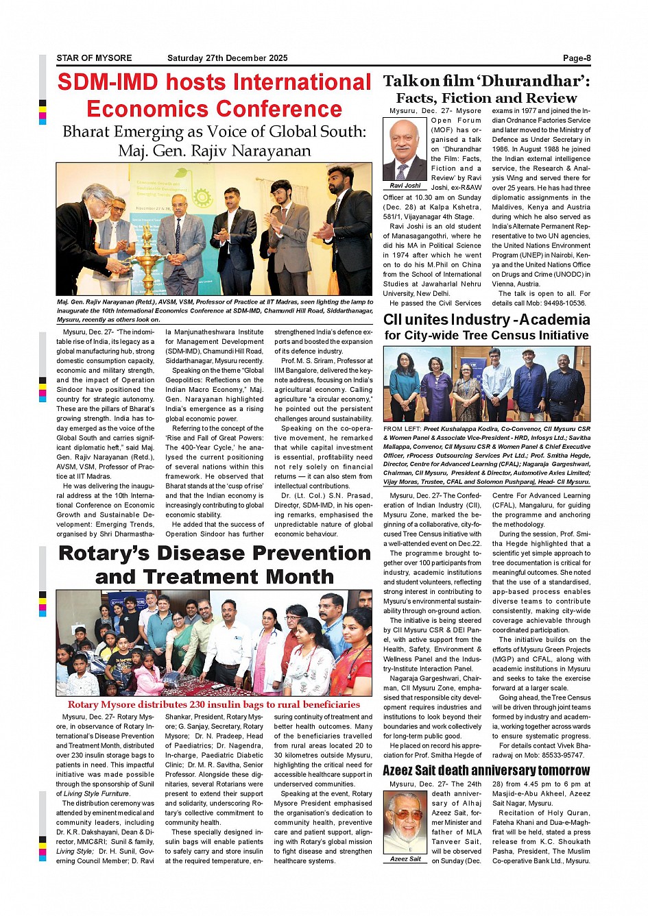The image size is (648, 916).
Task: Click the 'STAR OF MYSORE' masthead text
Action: (94, 58)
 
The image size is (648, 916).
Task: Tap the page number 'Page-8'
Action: (577, 58)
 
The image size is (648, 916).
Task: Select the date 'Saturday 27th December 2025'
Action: (227, 58)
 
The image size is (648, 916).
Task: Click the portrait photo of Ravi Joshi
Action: (405, 149)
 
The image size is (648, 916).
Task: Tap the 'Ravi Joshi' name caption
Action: (405, 186)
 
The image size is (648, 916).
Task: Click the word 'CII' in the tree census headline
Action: (392, 320)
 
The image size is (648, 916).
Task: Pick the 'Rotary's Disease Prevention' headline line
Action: (215, 553)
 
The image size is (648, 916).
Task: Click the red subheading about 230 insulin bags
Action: (214, 704)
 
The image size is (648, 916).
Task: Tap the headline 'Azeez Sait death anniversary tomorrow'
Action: (486, 771)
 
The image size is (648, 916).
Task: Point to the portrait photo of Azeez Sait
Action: (405, 822)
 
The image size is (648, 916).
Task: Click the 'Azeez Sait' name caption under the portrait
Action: (405, 858)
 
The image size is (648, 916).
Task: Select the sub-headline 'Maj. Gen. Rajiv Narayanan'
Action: (214, 151)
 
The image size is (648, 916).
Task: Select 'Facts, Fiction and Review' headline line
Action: (486, 98)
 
